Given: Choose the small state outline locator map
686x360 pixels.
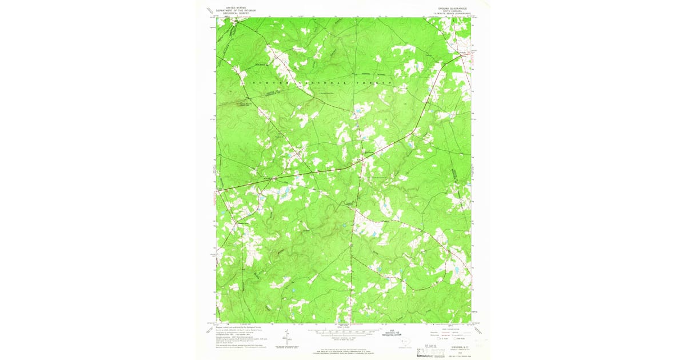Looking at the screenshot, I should [406, 342].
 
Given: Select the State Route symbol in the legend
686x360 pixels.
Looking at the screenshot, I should [457, 338].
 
